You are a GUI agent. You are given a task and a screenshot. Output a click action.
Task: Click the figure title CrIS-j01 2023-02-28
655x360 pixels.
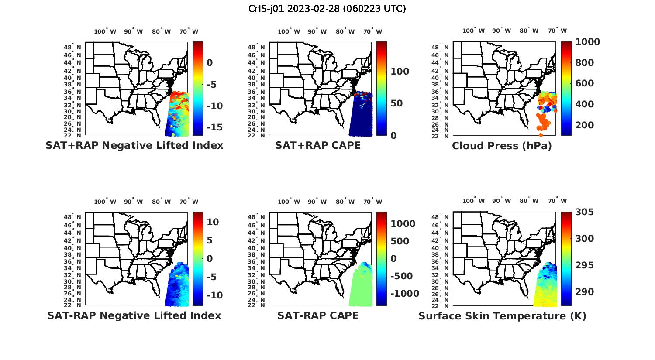tap(327, 9)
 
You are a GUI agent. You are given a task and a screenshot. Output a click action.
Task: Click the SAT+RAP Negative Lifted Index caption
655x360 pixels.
tap(134, 145)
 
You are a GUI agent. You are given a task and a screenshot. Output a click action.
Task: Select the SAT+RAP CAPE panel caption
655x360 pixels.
tap(318, 145)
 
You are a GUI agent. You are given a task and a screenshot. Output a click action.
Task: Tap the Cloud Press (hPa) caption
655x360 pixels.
tap(502, 146)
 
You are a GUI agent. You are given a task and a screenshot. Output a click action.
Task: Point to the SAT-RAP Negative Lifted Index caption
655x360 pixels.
tap(134, 315)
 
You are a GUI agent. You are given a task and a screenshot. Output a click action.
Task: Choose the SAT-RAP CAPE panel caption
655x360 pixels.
tap(318, 315)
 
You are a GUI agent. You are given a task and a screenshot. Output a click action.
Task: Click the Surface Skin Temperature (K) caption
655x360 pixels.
tap(502, 316)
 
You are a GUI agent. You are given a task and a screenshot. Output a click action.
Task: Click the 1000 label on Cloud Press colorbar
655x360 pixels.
tap(587, 42)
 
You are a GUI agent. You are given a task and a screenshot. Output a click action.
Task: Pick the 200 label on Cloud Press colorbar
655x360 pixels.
tap(584, 125)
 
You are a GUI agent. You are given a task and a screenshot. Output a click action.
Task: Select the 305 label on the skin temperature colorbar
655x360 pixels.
tap(584, 212)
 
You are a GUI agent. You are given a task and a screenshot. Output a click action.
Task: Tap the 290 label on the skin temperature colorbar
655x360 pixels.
tap(584, 292)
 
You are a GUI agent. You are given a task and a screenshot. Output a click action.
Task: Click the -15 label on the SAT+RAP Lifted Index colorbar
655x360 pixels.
tap(214, 127)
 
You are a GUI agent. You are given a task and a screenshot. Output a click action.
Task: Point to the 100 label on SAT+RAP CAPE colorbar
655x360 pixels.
tap(400, 72)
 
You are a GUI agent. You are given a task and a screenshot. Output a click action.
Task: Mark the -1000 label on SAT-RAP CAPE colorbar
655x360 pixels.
tap(405, 294)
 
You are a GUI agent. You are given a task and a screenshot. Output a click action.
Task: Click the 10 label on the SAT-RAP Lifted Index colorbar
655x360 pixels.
tap(213, 222)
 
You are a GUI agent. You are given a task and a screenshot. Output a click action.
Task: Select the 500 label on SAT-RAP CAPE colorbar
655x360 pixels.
tap(400, 241)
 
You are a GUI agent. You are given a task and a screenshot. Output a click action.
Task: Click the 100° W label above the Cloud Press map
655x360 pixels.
tap(473, 31)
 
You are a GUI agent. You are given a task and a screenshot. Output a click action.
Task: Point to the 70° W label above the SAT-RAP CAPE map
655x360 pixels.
tap(372, 202)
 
